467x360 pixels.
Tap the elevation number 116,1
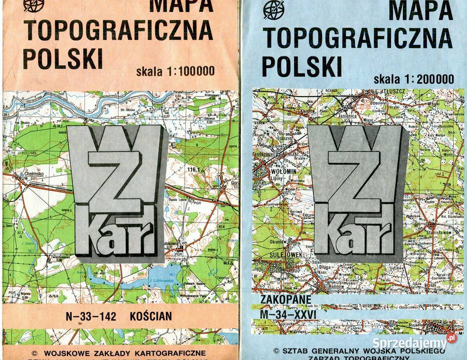(x=193, y=170)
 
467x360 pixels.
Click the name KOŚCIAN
(x=150, y=316)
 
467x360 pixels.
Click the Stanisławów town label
(x=438, y=232)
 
